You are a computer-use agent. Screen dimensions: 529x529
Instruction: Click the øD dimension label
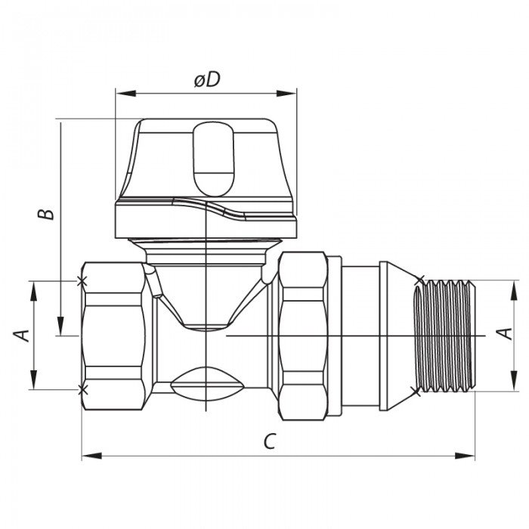coord(206,80)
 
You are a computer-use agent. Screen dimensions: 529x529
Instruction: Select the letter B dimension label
coord(47,214)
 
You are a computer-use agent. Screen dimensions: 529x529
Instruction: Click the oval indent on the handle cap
coord(214,159)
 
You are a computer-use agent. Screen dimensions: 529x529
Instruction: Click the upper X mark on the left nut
coord(82,281)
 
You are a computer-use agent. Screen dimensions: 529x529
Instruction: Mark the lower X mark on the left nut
coord(82,389)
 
